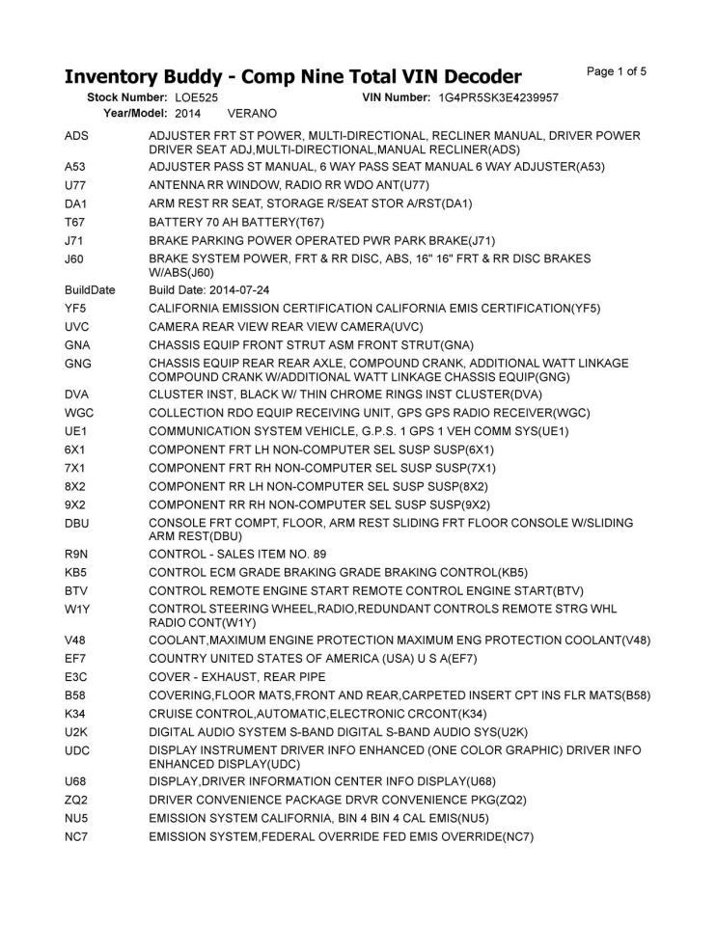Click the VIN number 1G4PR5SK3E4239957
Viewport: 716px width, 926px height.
point(498,97)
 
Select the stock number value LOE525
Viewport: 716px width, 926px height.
point(196,97)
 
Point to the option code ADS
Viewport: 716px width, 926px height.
point(76,136)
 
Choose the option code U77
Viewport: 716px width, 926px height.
point(75,184)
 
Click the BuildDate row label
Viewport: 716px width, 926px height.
point(90,289)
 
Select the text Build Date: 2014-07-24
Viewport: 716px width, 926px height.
point(209,289)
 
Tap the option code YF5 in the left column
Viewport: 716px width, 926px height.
point(75,308)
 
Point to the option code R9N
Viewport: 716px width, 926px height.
point(76,554)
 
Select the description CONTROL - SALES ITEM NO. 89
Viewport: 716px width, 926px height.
point(237,554)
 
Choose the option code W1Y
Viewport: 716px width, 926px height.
point(76,609)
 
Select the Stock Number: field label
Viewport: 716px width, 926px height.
point(127,97)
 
